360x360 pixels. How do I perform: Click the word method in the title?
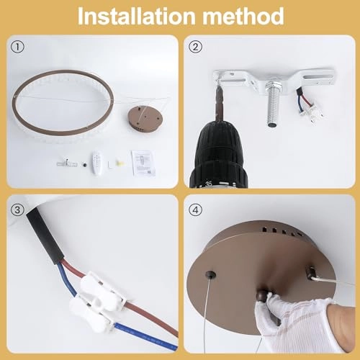(x=243, y=16)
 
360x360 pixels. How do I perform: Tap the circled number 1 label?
(x=17, y=47)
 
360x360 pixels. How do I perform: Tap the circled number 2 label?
(x=195, y=47)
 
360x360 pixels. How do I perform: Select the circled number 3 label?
(x=17, y=210)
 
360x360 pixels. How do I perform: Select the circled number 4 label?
(x=195, y=210)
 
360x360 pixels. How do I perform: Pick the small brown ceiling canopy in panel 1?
(x=145, y=119)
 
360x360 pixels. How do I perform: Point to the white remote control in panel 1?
(x=97, y=163)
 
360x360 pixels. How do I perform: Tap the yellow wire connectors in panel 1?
(x=120, y=163)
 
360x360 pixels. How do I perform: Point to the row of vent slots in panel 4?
(x=281, y=231)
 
